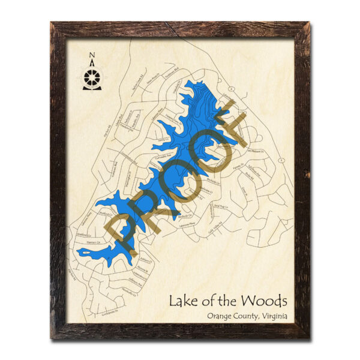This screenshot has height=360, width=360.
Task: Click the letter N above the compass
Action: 92,56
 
